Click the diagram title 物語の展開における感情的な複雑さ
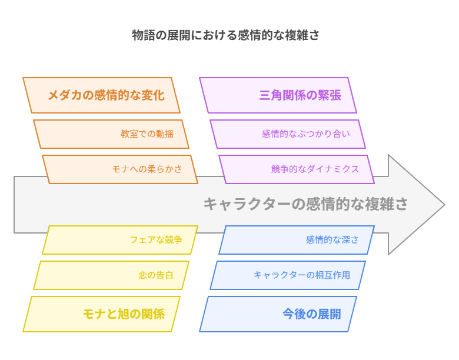point(225,35)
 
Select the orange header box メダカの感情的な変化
point(101,95)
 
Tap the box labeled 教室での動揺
point(111,134)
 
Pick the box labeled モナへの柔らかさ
point(120,169)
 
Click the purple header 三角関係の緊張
point(278,95)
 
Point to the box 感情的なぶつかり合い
point(288,134)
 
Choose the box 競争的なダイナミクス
point(297,169)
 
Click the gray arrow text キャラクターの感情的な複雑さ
point(305,204)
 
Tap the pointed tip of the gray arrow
point(445,205)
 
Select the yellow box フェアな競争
point(120,240)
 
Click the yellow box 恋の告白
point(111,275)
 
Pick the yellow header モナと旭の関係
point(101,314)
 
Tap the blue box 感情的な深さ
point(297,240)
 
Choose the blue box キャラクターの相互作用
point(288,275)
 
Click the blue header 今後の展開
point(278,314)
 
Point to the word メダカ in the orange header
point(65,95)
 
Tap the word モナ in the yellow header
point(95,314)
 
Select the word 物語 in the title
point(144,35)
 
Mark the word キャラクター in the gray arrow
point(247,204)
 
